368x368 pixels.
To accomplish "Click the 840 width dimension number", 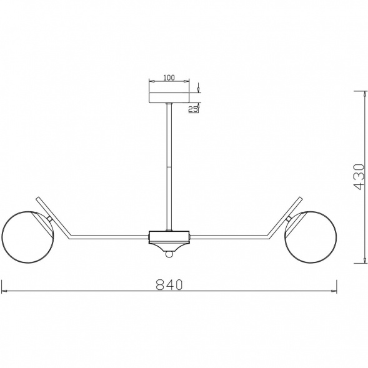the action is pyautogui.click(x=169, y=284).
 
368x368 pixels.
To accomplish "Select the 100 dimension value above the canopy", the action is pyautogui.click(x=169, y=77).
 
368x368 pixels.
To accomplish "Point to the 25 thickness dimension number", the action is pyautogui.click(x=193, y=109).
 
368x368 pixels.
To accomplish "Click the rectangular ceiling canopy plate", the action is pyautogui.click(x=169, y=97).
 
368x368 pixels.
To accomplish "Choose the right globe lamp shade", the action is pyautogui.click(x=311, y=237).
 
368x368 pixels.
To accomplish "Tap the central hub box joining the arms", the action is pyautogui.click(x=169, y=237).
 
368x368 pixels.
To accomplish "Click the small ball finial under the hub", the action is pyautogui.click(x=169, y=254).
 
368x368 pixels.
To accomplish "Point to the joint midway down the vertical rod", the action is pyautogui.click(x=169, y=167).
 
